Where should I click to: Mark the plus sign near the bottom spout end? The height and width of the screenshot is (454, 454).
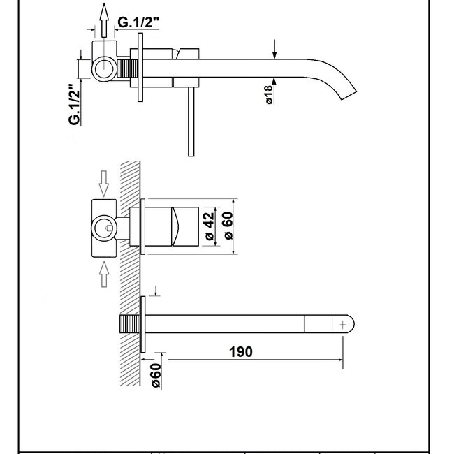point(343,324)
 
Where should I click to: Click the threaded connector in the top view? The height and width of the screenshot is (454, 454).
point(126,71)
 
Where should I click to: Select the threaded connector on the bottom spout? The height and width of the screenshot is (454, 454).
point(128,325)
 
